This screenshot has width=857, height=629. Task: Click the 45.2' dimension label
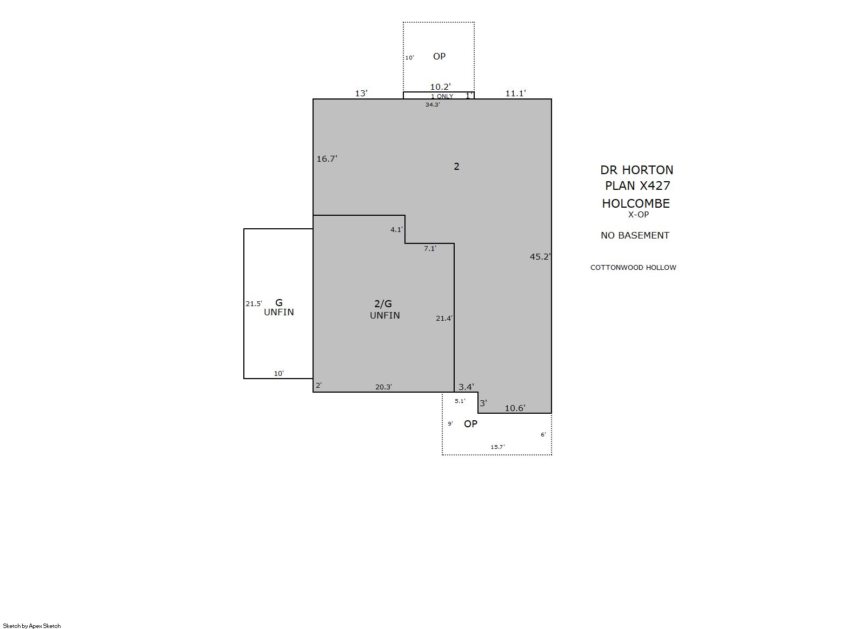[540, 257]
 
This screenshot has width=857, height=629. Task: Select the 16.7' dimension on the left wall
[327, 159]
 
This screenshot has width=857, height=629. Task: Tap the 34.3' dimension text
[433, 104]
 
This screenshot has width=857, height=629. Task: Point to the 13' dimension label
[361, 94]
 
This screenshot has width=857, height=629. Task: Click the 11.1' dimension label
[516, 94]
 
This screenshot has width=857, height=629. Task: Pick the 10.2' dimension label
[440, 87]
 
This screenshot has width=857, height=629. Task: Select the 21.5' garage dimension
[254, 304]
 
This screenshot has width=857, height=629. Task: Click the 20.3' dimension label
[383, 387]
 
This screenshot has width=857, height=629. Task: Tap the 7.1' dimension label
[430, 249]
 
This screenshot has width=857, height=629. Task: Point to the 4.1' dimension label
[396, 229]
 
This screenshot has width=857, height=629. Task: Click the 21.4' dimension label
[444, 318]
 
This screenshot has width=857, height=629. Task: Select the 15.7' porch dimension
[498, 447]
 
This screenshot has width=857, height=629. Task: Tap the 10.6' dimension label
[515, 408]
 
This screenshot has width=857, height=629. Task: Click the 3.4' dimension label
[467, 387]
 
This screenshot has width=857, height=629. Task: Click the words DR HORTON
[636, 170]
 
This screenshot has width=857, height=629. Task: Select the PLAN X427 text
[637, 186]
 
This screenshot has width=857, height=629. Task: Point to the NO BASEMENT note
[635, 235]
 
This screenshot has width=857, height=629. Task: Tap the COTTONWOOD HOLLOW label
[633, 267]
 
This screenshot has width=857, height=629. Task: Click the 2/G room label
[383, 304]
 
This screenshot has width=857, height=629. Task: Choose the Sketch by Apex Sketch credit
[32, 626]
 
